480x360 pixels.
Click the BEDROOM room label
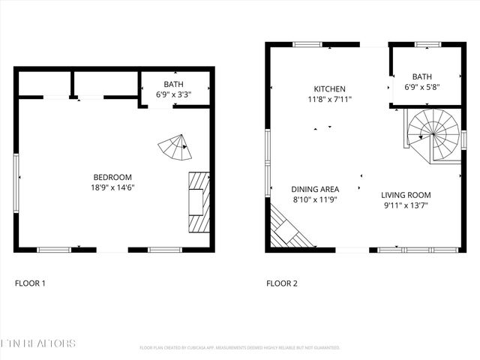point(114,177)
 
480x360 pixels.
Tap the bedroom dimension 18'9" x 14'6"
point(114,187)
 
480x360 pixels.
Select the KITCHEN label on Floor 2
point(329,88)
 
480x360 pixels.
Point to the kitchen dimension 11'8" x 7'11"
point(329,99)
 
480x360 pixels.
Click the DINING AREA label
point(315,190)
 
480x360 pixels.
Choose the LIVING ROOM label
point(405,195)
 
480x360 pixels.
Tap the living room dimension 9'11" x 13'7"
point(405,205)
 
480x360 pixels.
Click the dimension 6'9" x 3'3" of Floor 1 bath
point(173,95)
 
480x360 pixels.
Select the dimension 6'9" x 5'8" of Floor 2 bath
point(422,87)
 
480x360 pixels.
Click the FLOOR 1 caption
point(31,283)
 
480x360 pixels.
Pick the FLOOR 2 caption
point(282,283)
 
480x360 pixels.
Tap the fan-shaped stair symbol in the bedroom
point(176,148)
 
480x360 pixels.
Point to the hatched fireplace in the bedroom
point(198,202)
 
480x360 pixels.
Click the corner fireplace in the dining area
point(288,229)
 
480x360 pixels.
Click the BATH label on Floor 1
point(173,85)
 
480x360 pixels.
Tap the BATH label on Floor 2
point(422,76)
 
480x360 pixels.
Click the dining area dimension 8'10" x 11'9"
point(315,200)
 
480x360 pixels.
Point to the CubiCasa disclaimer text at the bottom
point(240,348)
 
